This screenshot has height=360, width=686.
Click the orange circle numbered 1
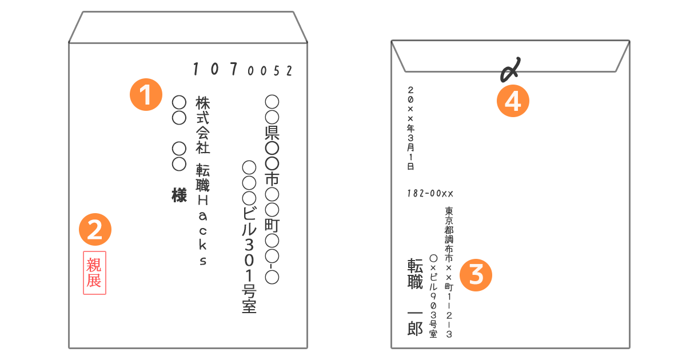point(146,94)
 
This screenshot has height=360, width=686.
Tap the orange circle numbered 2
point(95,229)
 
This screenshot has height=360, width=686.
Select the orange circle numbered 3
point(476,275)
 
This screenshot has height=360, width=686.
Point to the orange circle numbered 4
point(513,101)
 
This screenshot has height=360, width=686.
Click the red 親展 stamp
point(95,273)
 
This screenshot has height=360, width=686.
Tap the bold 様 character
point(179,195)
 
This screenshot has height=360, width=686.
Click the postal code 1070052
point(242,69)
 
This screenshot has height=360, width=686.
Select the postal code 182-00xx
point(430,194)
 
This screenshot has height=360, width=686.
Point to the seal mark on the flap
point(510,70)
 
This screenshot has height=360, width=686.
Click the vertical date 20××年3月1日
point(410,128)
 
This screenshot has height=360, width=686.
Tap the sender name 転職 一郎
point(415,297)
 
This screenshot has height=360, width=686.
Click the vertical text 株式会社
point(202,125)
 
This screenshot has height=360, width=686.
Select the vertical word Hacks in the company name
point(203,230)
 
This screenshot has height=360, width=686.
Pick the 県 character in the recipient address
point(272,132)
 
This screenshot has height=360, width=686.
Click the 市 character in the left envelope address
point(272,179)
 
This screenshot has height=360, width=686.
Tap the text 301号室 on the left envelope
point(249,275)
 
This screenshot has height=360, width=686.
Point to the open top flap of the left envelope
point(188,27)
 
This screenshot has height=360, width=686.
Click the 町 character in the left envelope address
point(272,225)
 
